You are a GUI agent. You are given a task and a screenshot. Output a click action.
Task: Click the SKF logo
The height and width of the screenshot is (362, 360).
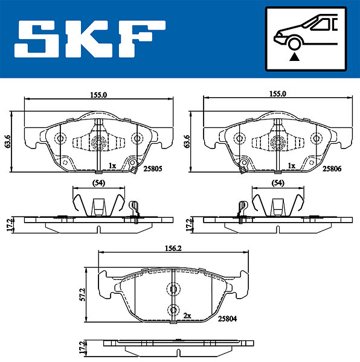click(x=89, y=39)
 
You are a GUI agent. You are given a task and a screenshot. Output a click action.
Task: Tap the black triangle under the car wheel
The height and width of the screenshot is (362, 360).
click(x=294, y=57)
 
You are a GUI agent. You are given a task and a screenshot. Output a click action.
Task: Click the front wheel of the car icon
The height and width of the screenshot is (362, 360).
click(x=294, y=43)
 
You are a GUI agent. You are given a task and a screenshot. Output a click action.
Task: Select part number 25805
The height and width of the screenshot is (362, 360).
click(x=152, y=169)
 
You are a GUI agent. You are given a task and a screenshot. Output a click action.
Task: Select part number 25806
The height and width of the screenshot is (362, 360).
click(x=332, y=169)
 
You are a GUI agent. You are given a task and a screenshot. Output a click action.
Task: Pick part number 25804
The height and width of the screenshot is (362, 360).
click(x=227, y=319)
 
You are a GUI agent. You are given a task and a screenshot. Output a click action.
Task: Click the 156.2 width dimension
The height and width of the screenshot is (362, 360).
click(x=173, y=248)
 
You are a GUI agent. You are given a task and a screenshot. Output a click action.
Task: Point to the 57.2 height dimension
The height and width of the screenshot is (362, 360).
click(x=83, y=294)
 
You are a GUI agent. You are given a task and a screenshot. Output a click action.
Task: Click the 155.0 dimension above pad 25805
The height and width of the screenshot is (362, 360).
click(x=98, y=95)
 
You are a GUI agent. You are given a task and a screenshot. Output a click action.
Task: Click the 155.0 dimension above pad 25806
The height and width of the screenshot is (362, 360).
click(x=278, y=94)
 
